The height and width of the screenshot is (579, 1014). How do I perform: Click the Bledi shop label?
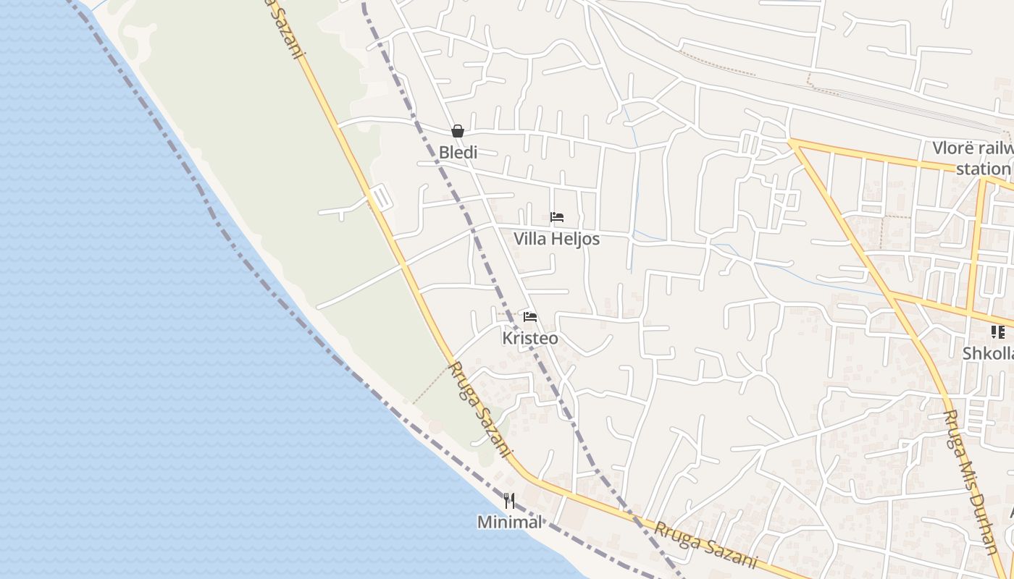click(458, 153)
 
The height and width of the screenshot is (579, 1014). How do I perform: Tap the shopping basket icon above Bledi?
click(458, 131)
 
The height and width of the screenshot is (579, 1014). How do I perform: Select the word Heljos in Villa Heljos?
click(576, 239)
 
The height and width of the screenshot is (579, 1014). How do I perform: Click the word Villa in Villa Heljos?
click(530, 239)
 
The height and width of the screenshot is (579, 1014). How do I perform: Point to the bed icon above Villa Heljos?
click(557, 217)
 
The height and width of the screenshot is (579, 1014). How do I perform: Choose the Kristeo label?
click(530, 338)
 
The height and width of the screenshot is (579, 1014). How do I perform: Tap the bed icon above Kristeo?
click(530, 317)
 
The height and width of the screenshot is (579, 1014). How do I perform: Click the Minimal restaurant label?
click(509, 522)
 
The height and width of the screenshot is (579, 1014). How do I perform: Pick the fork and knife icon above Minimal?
click(509, 501)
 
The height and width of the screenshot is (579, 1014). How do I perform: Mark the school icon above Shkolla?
click(998, 332)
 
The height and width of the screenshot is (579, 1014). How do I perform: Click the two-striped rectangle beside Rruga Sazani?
click(381, 198)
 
